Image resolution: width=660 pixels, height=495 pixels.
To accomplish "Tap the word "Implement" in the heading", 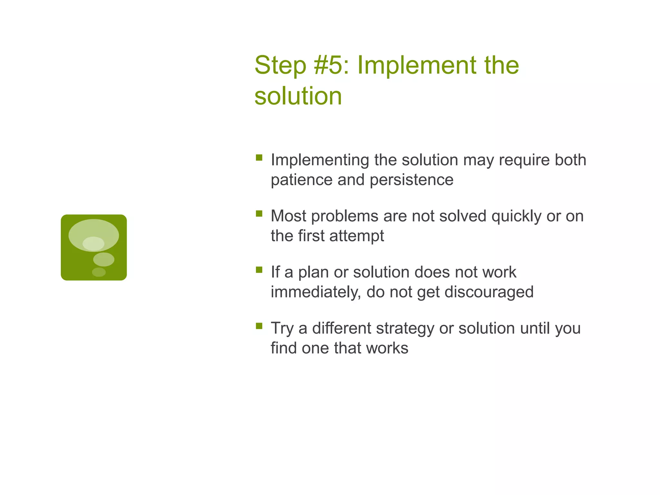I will [x=416, y=65].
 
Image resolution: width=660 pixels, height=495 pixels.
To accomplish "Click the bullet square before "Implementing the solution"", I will [x=259, y=158].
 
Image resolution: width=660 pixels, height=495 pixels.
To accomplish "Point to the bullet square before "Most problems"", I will [x=259, y=214].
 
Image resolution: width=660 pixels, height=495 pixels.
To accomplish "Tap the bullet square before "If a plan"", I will [x=259, y=270].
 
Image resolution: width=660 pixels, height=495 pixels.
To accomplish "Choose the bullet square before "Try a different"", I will [x=259, y=326].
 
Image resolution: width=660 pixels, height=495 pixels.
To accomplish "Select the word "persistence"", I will [x=412, y=180].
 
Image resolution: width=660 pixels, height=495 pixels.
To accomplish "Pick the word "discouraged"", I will [x=489, y=292].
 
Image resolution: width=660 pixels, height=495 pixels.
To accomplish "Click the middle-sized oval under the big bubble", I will [x=104, y=259].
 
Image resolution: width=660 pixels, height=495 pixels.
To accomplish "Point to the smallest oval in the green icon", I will [x=99, y=272].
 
